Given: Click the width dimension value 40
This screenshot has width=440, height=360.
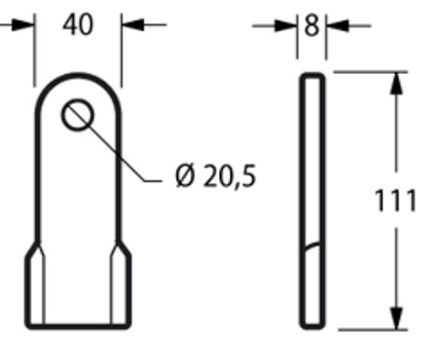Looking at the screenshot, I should [x=79, y=25].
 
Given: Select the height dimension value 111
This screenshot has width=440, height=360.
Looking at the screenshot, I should [x=396, y=200].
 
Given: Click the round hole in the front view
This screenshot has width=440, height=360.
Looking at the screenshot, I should [x=78, y=117].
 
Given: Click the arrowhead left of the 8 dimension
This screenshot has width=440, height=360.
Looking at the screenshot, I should [x=290, y=26].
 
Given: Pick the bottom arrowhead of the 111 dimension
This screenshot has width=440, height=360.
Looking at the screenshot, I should [x=396, y=319].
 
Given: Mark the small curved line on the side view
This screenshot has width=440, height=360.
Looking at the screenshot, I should [x=311, y=245].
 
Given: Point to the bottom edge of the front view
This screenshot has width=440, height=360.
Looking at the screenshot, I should [x=78, y=326].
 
